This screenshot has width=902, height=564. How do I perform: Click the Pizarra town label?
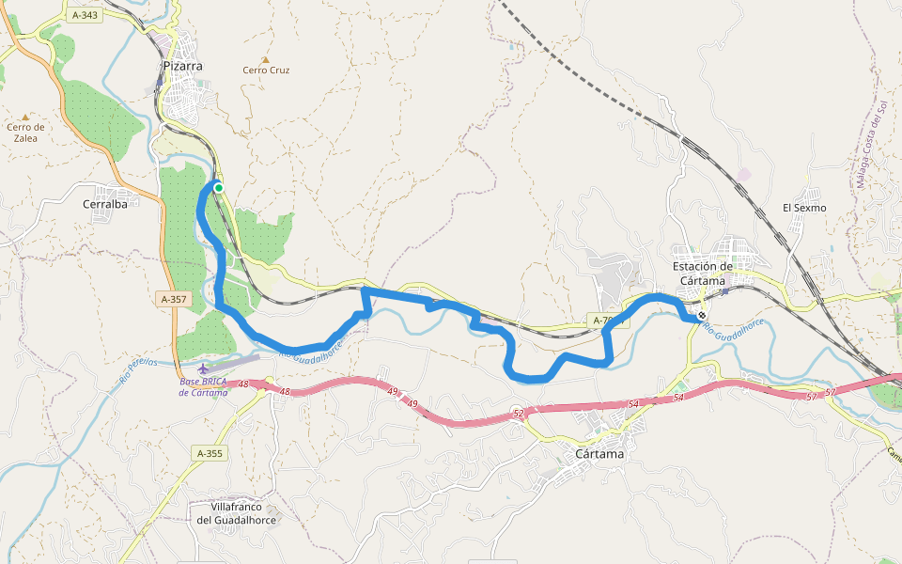[182, 66]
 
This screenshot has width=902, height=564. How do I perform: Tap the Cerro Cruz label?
[266, 70]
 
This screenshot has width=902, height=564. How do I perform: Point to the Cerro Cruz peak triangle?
[266, 58]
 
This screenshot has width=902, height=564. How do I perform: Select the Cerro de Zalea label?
[25, 133]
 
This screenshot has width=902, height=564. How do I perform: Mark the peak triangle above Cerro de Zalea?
[25, 117]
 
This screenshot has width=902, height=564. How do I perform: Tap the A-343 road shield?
[84, 15]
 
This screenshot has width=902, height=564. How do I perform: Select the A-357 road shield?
[175, 299]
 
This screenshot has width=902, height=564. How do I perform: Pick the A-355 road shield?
[210, 453]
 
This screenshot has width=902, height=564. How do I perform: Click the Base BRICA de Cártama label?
[204, 387]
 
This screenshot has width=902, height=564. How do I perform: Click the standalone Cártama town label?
[599, 453]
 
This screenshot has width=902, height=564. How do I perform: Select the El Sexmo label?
[804, 207]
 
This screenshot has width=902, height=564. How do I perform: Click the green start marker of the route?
[219, 188]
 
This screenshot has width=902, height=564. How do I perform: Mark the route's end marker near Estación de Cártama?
[702, 315]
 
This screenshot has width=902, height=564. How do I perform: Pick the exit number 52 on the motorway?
[518, 413]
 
